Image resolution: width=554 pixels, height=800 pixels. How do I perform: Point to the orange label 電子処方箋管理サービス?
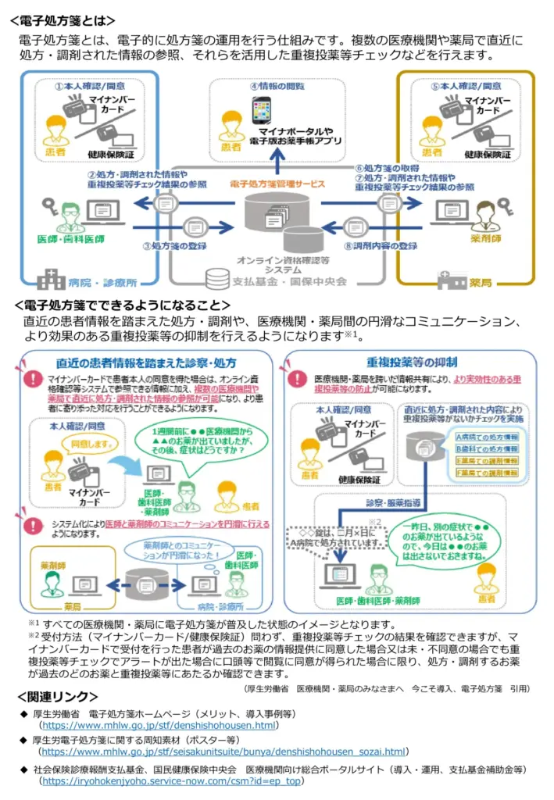click(x=276, y=184)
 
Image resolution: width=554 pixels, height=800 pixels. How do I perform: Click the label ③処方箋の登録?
click(x=177, y=245)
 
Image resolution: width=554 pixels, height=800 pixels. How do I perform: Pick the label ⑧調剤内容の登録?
click(x=387, y=245)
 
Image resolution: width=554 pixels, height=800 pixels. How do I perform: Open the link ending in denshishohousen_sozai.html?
click(x=223, y=752)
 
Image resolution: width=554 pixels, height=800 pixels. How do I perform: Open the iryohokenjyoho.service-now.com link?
click(x=172, y=780)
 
